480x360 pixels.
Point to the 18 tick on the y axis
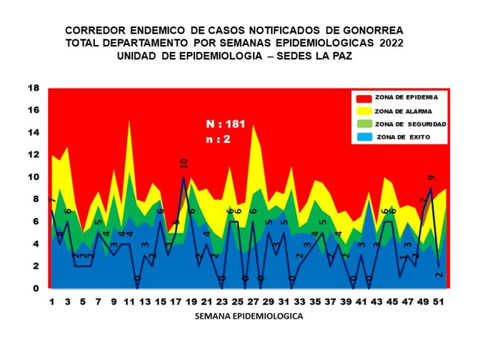point(33,87)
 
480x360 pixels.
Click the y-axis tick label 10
point(33,177)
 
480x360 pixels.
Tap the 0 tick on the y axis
point(36,289)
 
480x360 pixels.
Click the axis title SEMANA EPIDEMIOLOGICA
point(249,316)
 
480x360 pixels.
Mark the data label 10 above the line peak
point(184,164)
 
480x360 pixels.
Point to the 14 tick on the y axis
point(33,132)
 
